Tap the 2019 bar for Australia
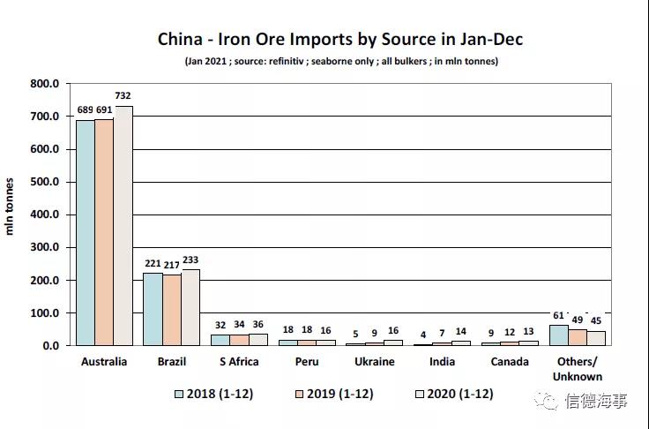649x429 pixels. coord(104,232)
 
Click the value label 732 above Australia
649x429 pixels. coord(123,96)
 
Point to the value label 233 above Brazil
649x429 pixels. coord(190,260)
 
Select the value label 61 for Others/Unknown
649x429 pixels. coord(558,315)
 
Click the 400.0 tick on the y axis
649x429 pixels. coord(44,214)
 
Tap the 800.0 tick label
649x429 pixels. coord(44,84)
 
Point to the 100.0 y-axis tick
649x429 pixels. coord(44,313)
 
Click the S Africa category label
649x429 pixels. coord(239,362)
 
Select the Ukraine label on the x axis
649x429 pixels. coord(375,362)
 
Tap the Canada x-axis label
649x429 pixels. coord(510,362)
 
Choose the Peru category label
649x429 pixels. coord(307,362)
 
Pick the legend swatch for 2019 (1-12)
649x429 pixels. coord(301,394)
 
